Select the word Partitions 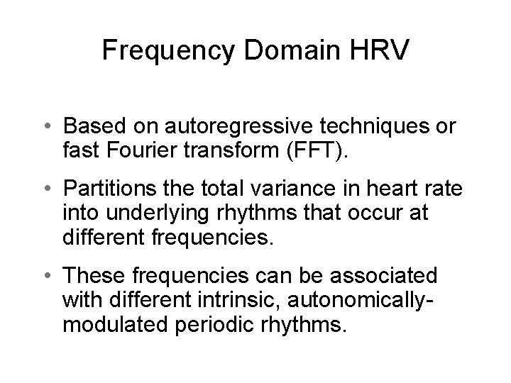point(106,191)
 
